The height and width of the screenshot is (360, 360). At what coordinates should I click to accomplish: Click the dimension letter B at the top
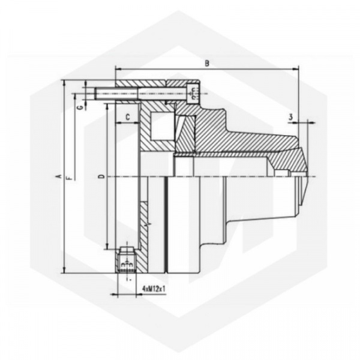(x=207, y=63)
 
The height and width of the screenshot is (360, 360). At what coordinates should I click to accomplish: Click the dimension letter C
(x=128, y=117)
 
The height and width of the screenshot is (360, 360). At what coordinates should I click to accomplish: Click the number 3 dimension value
(x=290, y=117)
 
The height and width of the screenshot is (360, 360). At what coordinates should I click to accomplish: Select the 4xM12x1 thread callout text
(x=154, y=289)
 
